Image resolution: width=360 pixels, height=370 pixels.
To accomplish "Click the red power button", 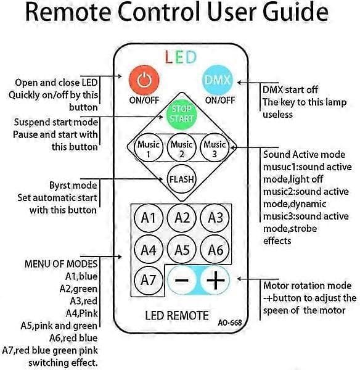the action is (144, 80).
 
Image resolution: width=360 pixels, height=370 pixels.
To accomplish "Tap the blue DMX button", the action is (217, 80).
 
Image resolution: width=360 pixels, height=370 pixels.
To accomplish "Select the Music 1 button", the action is (149, 148).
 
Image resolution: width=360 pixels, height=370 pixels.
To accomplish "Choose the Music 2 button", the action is (181, 148).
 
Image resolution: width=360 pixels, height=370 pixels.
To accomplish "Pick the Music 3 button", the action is (215, 148).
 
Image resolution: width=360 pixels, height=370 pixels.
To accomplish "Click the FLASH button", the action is (181, 179).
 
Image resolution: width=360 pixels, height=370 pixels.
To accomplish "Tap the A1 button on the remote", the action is (149, 218).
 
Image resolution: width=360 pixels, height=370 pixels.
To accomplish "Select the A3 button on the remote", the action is (215, 218).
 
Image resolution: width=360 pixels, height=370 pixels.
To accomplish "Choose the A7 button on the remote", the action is (149, 280).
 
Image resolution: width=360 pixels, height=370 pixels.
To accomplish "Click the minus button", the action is (182, 280).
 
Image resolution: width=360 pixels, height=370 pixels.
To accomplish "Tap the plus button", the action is (215, 280).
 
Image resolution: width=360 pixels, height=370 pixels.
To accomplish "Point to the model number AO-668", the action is (230, 323).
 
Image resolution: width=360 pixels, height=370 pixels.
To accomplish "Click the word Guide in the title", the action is (296, 12).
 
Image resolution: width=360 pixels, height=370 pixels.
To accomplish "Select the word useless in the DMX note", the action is (277, 115).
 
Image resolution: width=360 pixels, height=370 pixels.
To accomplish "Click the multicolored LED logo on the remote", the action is (181, 57).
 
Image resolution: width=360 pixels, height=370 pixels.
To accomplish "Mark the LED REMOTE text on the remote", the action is (177, 316).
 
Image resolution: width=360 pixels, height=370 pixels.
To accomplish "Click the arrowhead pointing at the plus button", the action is (239, 279).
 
